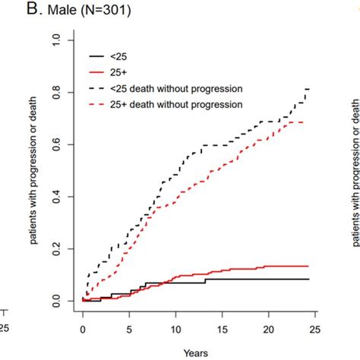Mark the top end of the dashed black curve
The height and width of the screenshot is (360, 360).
(x=308, y=89)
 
